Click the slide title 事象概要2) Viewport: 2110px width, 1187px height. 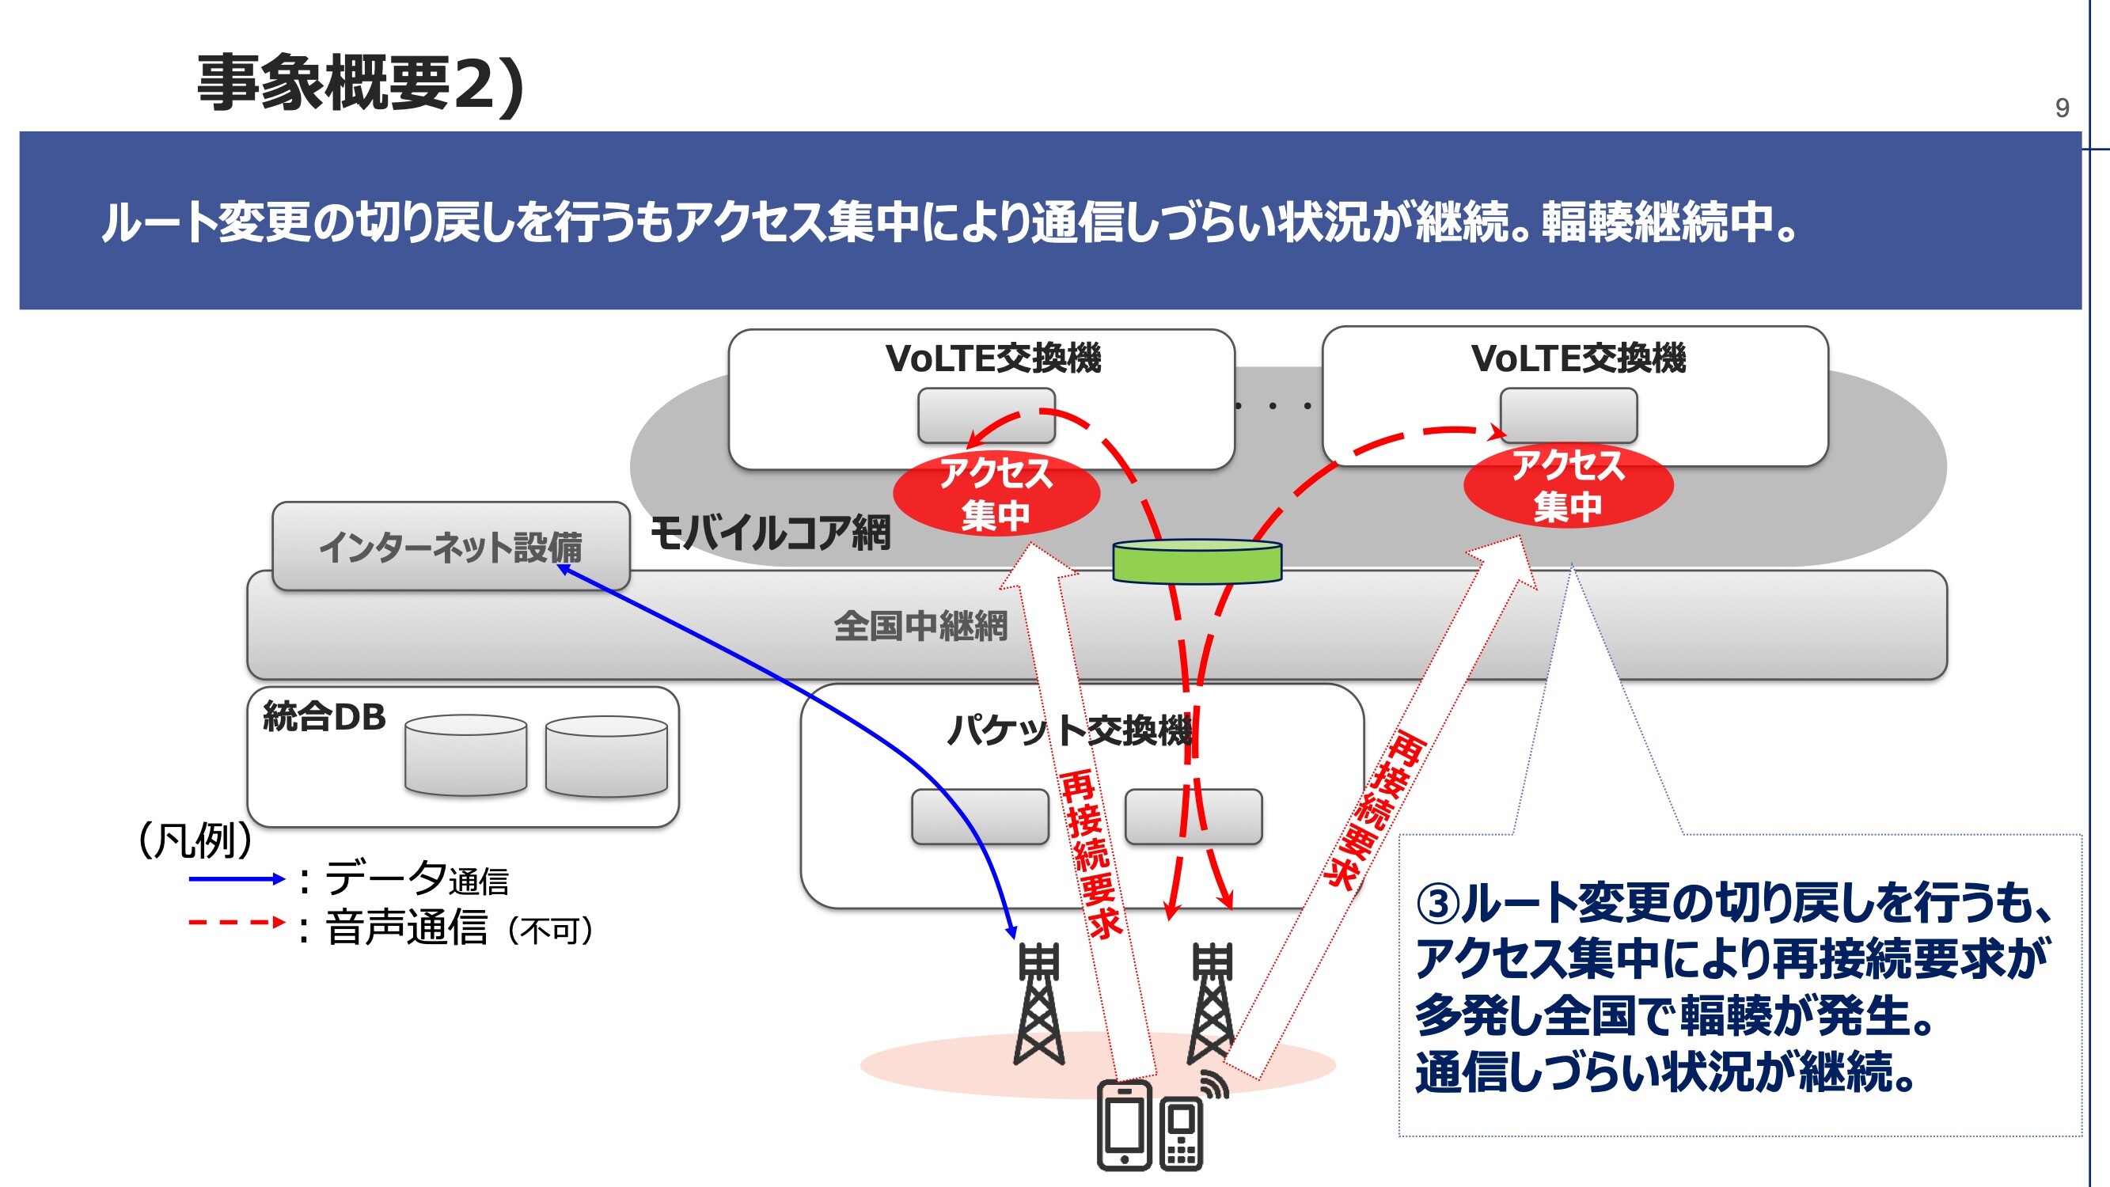point(360,84)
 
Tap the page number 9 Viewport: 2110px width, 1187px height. point(2062,108)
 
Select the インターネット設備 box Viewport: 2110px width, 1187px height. point(450,546)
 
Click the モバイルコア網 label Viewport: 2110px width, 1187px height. point(770,533)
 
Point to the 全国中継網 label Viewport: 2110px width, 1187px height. point(920,627)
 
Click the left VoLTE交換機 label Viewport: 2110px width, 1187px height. point(992,358)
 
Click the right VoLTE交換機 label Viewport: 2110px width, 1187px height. point(1578,358)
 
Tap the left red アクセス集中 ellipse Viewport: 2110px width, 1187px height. point(995,494)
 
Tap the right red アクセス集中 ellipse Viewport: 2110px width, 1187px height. point(1568,487)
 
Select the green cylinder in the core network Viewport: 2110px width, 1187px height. point(1197,562)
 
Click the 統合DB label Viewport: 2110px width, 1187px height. point(324,718)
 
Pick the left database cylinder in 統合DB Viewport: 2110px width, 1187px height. point(465,755)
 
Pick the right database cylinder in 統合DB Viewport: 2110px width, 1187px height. point(606,756)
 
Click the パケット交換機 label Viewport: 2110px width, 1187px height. point(1069,730)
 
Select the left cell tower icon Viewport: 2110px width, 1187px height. point(1038,1003)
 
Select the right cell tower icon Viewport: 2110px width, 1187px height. point(1212,1003)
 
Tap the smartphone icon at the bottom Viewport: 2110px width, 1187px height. point(1125,1124)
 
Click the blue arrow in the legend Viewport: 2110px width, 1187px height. point(236,880)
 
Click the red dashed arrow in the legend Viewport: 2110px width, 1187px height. point(236,923)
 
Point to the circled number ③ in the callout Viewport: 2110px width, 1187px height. point(1439,903)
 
